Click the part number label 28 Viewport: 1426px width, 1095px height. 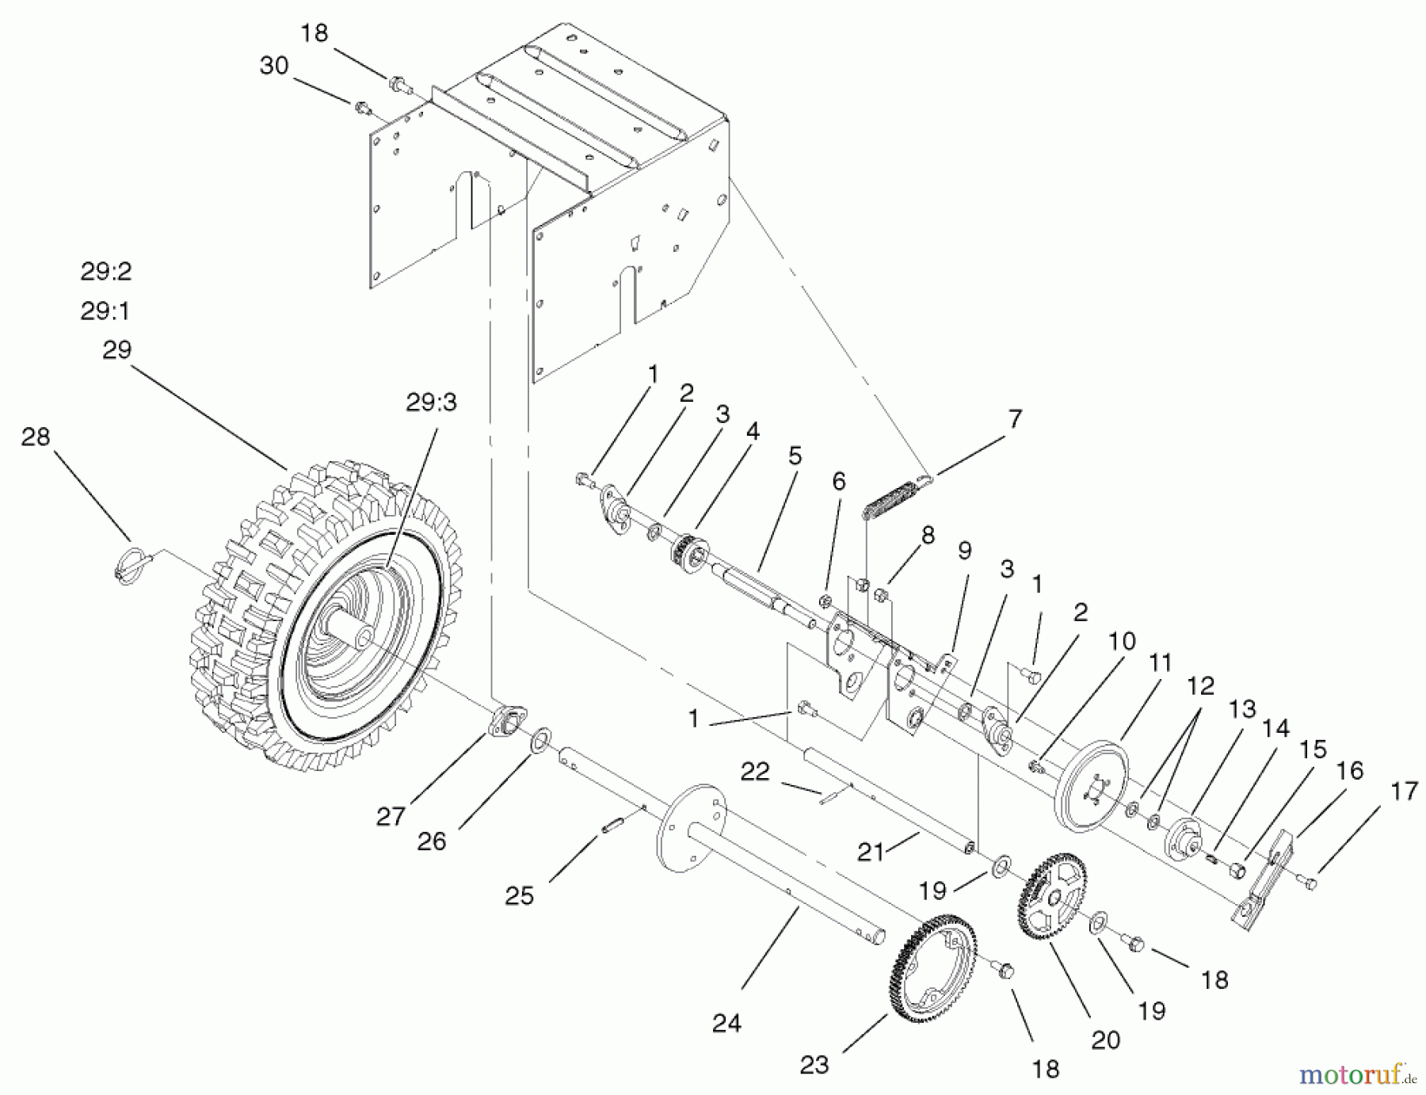point(36,437)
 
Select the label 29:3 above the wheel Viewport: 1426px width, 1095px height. point(432,403)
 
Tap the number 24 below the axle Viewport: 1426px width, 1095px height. point(726,1024)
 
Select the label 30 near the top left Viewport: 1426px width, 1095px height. point(274,66)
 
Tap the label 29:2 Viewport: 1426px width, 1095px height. point(105,272)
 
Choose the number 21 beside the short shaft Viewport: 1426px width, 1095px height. point(871,852)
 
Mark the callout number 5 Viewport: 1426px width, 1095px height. point(795,456)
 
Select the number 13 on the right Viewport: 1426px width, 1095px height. point(1241,709)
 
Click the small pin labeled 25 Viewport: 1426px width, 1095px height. point(611,826)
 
